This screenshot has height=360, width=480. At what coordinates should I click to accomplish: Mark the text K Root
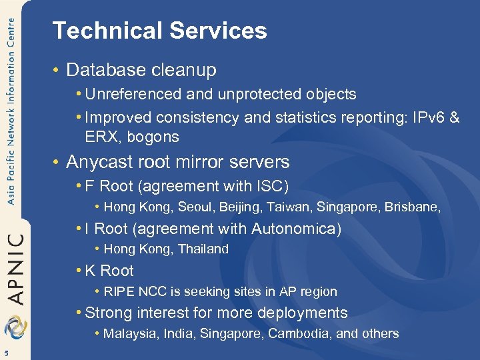[x=109, y=271]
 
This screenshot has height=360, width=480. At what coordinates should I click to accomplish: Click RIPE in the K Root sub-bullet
[x=119, y=291]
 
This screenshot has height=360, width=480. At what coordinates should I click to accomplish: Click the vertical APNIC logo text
[x=15, y=267]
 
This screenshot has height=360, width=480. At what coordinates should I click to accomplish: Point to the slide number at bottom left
[x=5, y=353]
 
